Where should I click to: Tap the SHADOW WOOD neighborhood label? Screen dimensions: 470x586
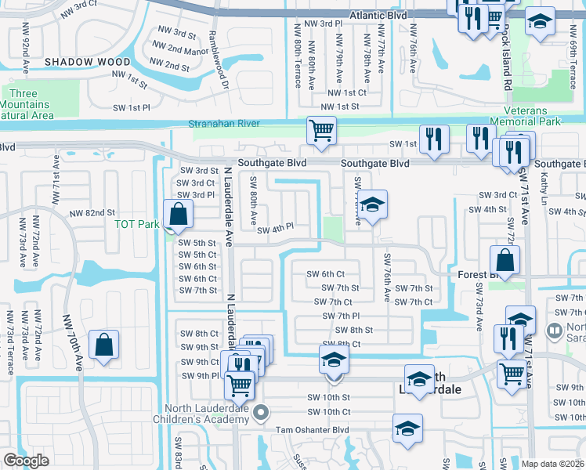pos(87,61)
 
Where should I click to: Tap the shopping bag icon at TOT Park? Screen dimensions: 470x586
pos(179,214)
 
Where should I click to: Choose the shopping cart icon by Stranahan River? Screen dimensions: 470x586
pos(320,131)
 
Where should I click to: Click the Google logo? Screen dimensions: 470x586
pos(26,461)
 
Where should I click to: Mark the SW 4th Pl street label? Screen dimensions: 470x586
pos(274,228)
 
